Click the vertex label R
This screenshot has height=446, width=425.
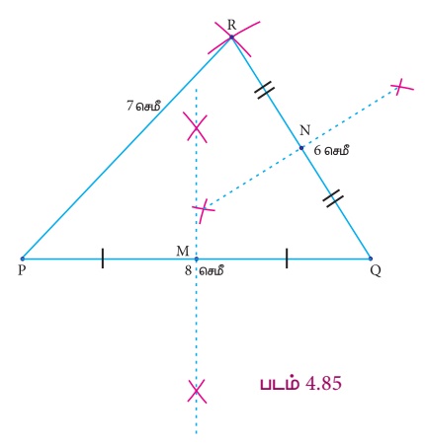[x=231, y=25]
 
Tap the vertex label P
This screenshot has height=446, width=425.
[x=22, y=270]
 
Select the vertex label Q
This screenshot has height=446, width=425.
[x=376, y=271]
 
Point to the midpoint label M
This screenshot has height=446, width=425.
[x=183, y=251]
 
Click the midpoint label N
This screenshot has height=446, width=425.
[x=305, y=130]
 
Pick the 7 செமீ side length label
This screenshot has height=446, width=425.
[x=143, y=106]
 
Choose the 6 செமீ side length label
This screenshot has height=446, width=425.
[x=331, y=151]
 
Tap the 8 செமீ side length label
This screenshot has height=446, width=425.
[x=205, y=270]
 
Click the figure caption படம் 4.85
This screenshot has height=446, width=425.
[x=300, y=384]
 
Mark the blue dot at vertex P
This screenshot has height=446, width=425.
[x=23, y=259]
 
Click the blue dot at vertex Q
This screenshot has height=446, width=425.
[x=371, y=259]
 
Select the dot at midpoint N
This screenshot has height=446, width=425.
[x=301, y=148]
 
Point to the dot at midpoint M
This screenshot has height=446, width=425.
[x=197, y=259]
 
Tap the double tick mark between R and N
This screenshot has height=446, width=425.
[x=265, y=90]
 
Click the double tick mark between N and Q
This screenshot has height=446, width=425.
[x=333, y=198]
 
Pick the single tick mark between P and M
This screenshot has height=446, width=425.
[x=103, y=259]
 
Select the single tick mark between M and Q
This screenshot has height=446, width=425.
[x=287, y=259]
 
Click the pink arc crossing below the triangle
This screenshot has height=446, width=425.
[x=197, y=391]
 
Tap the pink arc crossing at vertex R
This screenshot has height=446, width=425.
[x=231, y=37]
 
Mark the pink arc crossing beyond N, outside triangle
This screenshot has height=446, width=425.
[x=400, y=87]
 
